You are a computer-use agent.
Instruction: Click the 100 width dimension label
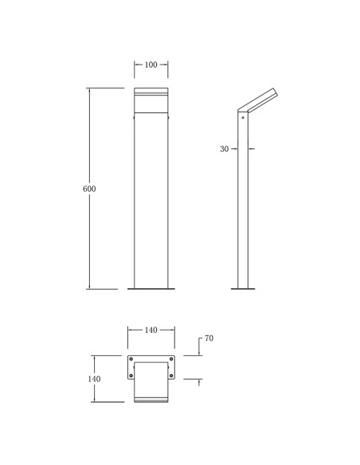[x=151, y=64]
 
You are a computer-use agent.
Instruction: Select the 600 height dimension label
[x=89, y=189]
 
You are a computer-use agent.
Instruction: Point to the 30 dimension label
[x=224, y=149]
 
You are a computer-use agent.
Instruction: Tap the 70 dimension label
[x=209, y=338]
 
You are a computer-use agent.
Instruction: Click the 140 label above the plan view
[x=151, y=330]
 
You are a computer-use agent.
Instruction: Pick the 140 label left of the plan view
[x=94, y=379]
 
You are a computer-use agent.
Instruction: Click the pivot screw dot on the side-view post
[x=243, y=117]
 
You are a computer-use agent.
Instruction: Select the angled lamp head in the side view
[x=257, y=100]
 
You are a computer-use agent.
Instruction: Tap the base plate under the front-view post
[x=151, y=288]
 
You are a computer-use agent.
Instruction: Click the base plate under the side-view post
[x=243, y=288]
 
